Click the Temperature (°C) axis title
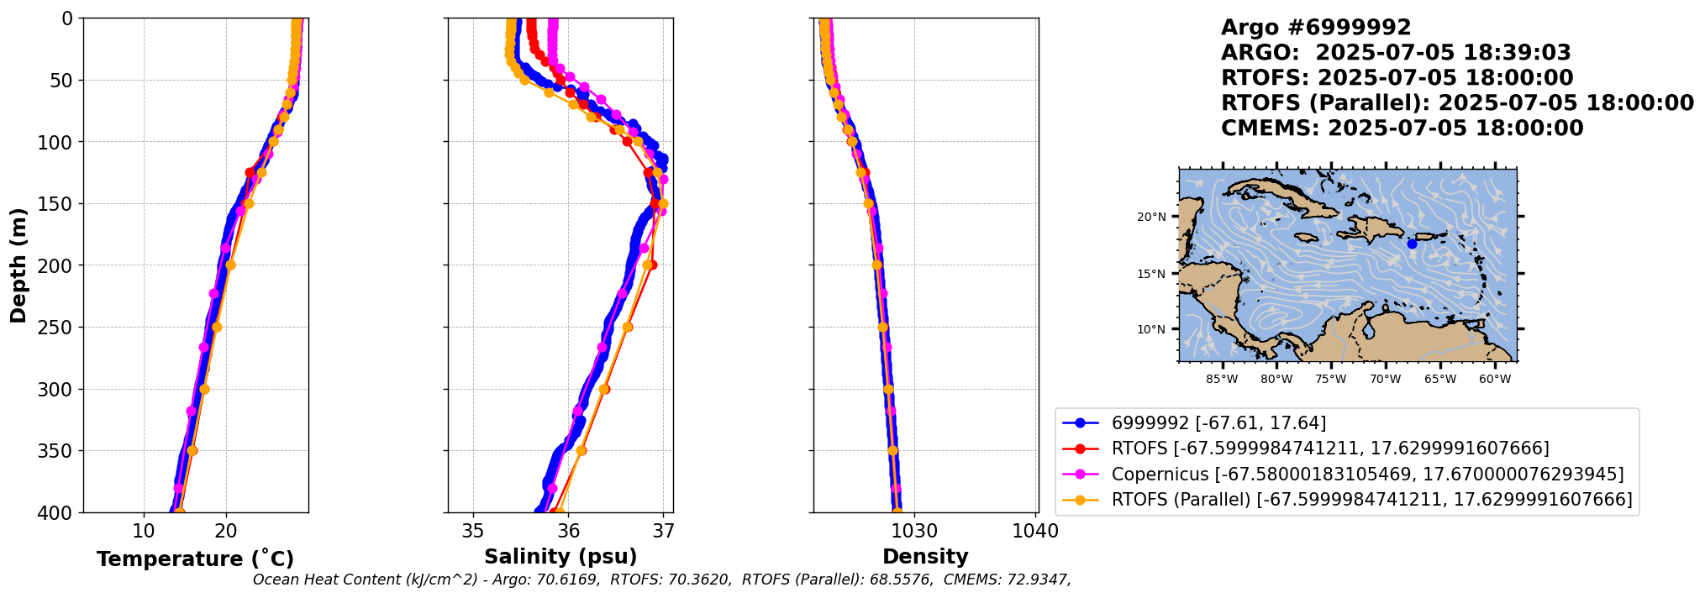[x=195, y=559]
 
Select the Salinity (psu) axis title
[x=560, y=557]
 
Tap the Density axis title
[x=925, y=557]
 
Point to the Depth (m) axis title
[x=18, y=265]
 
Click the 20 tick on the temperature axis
[x=226, y=531]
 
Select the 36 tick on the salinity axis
[x=568, y=531]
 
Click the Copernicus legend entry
[x=1367, y=475]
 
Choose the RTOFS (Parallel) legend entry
[x=1371, y=500]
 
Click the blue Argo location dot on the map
[x=1412, y=244]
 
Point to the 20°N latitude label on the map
[x=1151, y=218]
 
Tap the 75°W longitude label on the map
[x=1330, y=380]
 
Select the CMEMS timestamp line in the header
[x=1402, y=129]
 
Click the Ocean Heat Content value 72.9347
[x=1039, y=580]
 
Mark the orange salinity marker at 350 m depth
[x=581, y=451]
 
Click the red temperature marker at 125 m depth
[x=250, y=173]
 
